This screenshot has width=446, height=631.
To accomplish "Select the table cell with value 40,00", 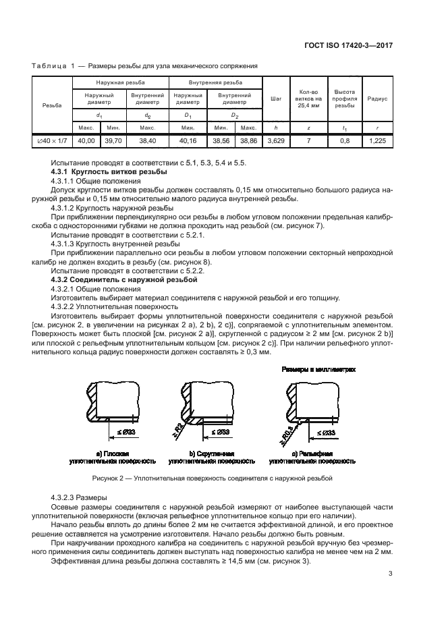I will click(86, 140).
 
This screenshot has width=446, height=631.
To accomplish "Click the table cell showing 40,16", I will click(188, 140).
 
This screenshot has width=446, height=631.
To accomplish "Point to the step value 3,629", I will click(276, 140).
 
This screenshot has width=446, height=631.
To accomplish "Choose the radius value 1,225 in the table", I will click(377, 140).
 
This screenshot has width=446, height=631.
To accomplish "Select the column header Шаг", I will click(276, 99).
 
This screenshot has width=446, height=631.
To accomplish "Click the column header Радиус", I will click(377, 99).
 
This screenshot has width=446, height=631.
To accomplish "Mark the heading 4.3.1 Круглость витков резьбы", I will click(96, 173).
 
